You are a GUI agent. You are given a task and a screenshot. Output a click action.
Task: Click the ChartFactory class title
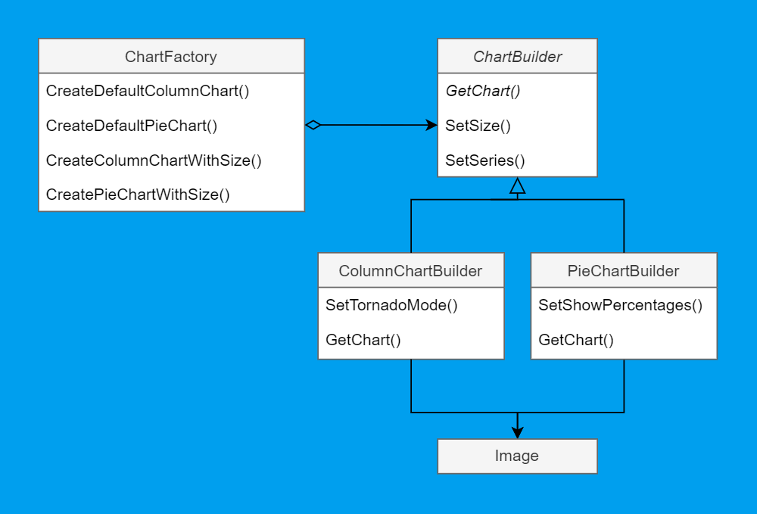[171, 57]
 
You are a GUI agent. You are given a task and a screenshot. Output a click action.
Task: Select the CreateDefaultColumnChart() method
[148, 92]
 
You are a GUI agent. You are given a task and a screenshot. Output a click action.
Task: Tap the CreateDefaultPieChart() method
[132, 126]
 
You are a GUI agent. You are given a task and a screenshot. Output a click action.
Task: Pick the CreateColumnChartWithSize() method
[154, 160]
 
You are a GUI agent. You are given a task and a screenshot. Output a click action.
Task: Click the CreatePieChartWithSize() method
[138, 195]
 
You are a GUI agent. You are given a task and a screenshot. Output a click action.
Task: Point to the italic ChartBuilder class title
[517, 57]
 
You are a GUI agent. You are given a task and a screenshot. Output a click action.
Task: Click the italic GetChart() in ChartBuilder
[483, 92]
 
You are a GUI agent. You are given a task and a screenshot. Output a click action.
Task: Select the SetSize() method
[478, 126]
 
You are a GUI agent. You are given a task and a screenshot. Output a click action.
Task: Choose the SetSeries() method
[484, 160]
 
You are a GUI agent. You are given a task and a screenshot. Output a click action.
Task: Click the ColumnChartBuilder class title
[410, 271]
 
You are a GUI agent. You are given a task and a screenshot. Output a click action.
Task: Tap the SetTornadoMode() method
[391, 306]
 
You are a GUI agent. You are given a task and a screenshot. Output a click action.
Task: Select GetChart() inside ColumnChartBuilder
[363, 340]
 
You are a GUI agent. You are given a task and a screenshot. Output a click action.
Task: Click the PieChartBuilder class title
[623, 271]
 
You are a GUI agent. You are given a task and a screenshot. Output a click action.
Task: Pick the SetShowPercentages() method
[620, 306]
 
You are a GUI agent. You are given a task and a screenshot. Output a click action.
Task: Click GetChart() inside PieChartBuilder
[575, 340]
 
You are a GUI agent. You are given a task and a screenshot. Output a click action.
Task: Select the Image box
[517, 456]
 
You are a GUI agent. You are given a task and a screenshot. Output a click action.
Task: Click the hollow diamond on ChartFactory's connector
[313, 126]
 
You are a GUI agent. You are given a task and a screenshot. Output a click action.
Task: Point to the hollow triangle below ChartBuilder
[517, 185]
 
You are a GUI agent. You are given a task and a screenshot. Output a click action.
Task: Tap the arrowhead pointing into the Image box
[517, 431]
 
